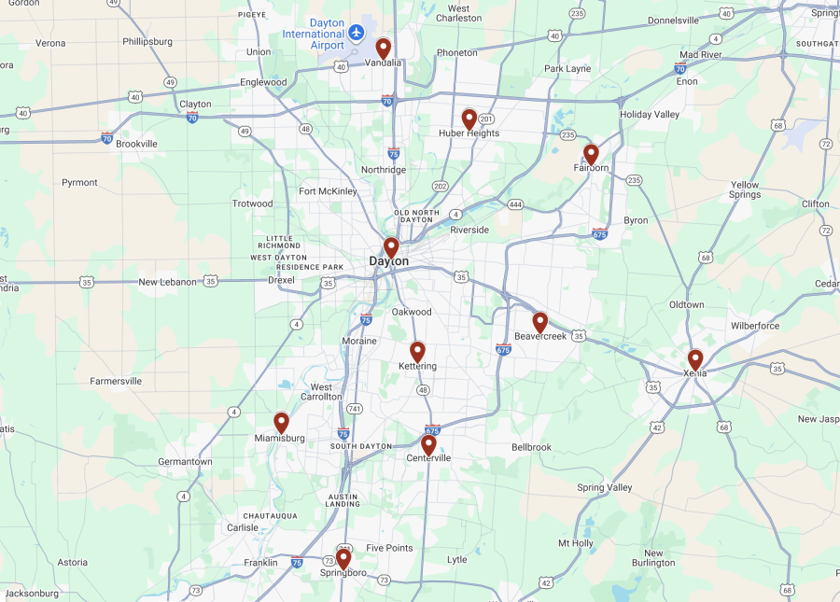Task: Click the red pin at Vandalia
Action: (x=383, y=49)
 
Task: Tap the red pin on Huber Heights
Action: (x=469, y=119)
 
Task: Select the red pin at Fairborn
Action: (x=591, y=154)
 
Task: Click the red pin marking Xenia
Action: (x=695, y=359)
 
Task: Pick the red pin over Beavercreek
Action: (x=539, y=322)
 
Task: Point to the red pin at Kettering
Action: (x=417, y=352)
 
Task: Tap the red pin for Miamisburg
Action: (x=281, y=423)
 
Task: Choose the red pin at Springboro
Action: (x=343, y=558)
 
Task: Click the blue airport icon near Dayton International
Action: (x=356, y=34)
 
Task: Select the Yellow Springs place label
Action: (x=745, y=190)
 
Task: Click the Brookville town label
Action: (x=136, y=144)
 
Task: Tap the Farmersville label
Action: (x=116, y=381)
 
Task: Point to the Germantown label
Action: (x=185, y=461)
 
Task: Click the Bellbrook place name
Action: (x=531, y=447)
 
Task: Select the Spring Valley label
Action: (x=604, y=487)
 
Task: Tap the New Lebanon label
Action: (x=168, y=282)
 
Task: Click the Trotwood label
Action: (x=252, y=203)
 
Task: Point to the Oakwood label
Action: (x=412, y=312)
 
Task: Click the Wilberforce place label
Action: (x=755, y=326)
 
